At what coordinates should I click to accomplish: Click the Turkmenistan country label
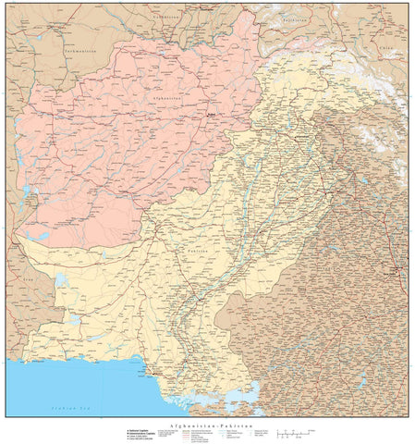[81, 51]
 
